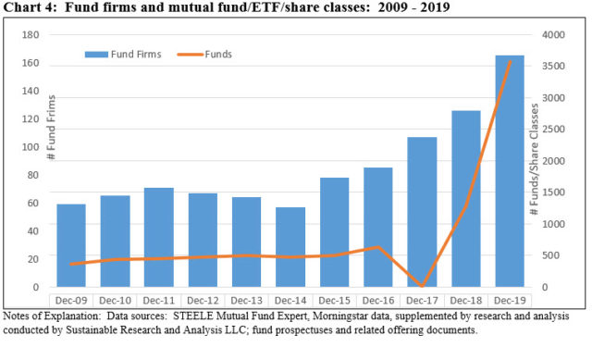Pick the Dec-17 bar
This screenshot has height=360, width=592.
[x=422, y=212]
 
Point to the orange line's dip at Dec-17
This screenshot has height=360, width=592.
[x=422, y=286]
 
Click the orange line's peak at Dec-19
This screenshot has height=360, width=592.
[x=510, y=62]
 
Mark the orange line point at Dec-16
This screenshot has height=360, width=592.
[x=378, y=247]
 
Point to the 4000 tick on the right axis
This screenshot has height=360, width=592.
[x=553, y=34]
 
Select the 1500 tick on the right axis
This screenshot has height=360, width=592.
[x=553, y=192]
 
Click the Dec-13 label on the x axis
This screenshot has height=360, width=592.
[x=246, y=301]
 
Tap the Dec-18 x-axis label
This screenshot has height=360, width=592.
[x=465, y=301]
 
